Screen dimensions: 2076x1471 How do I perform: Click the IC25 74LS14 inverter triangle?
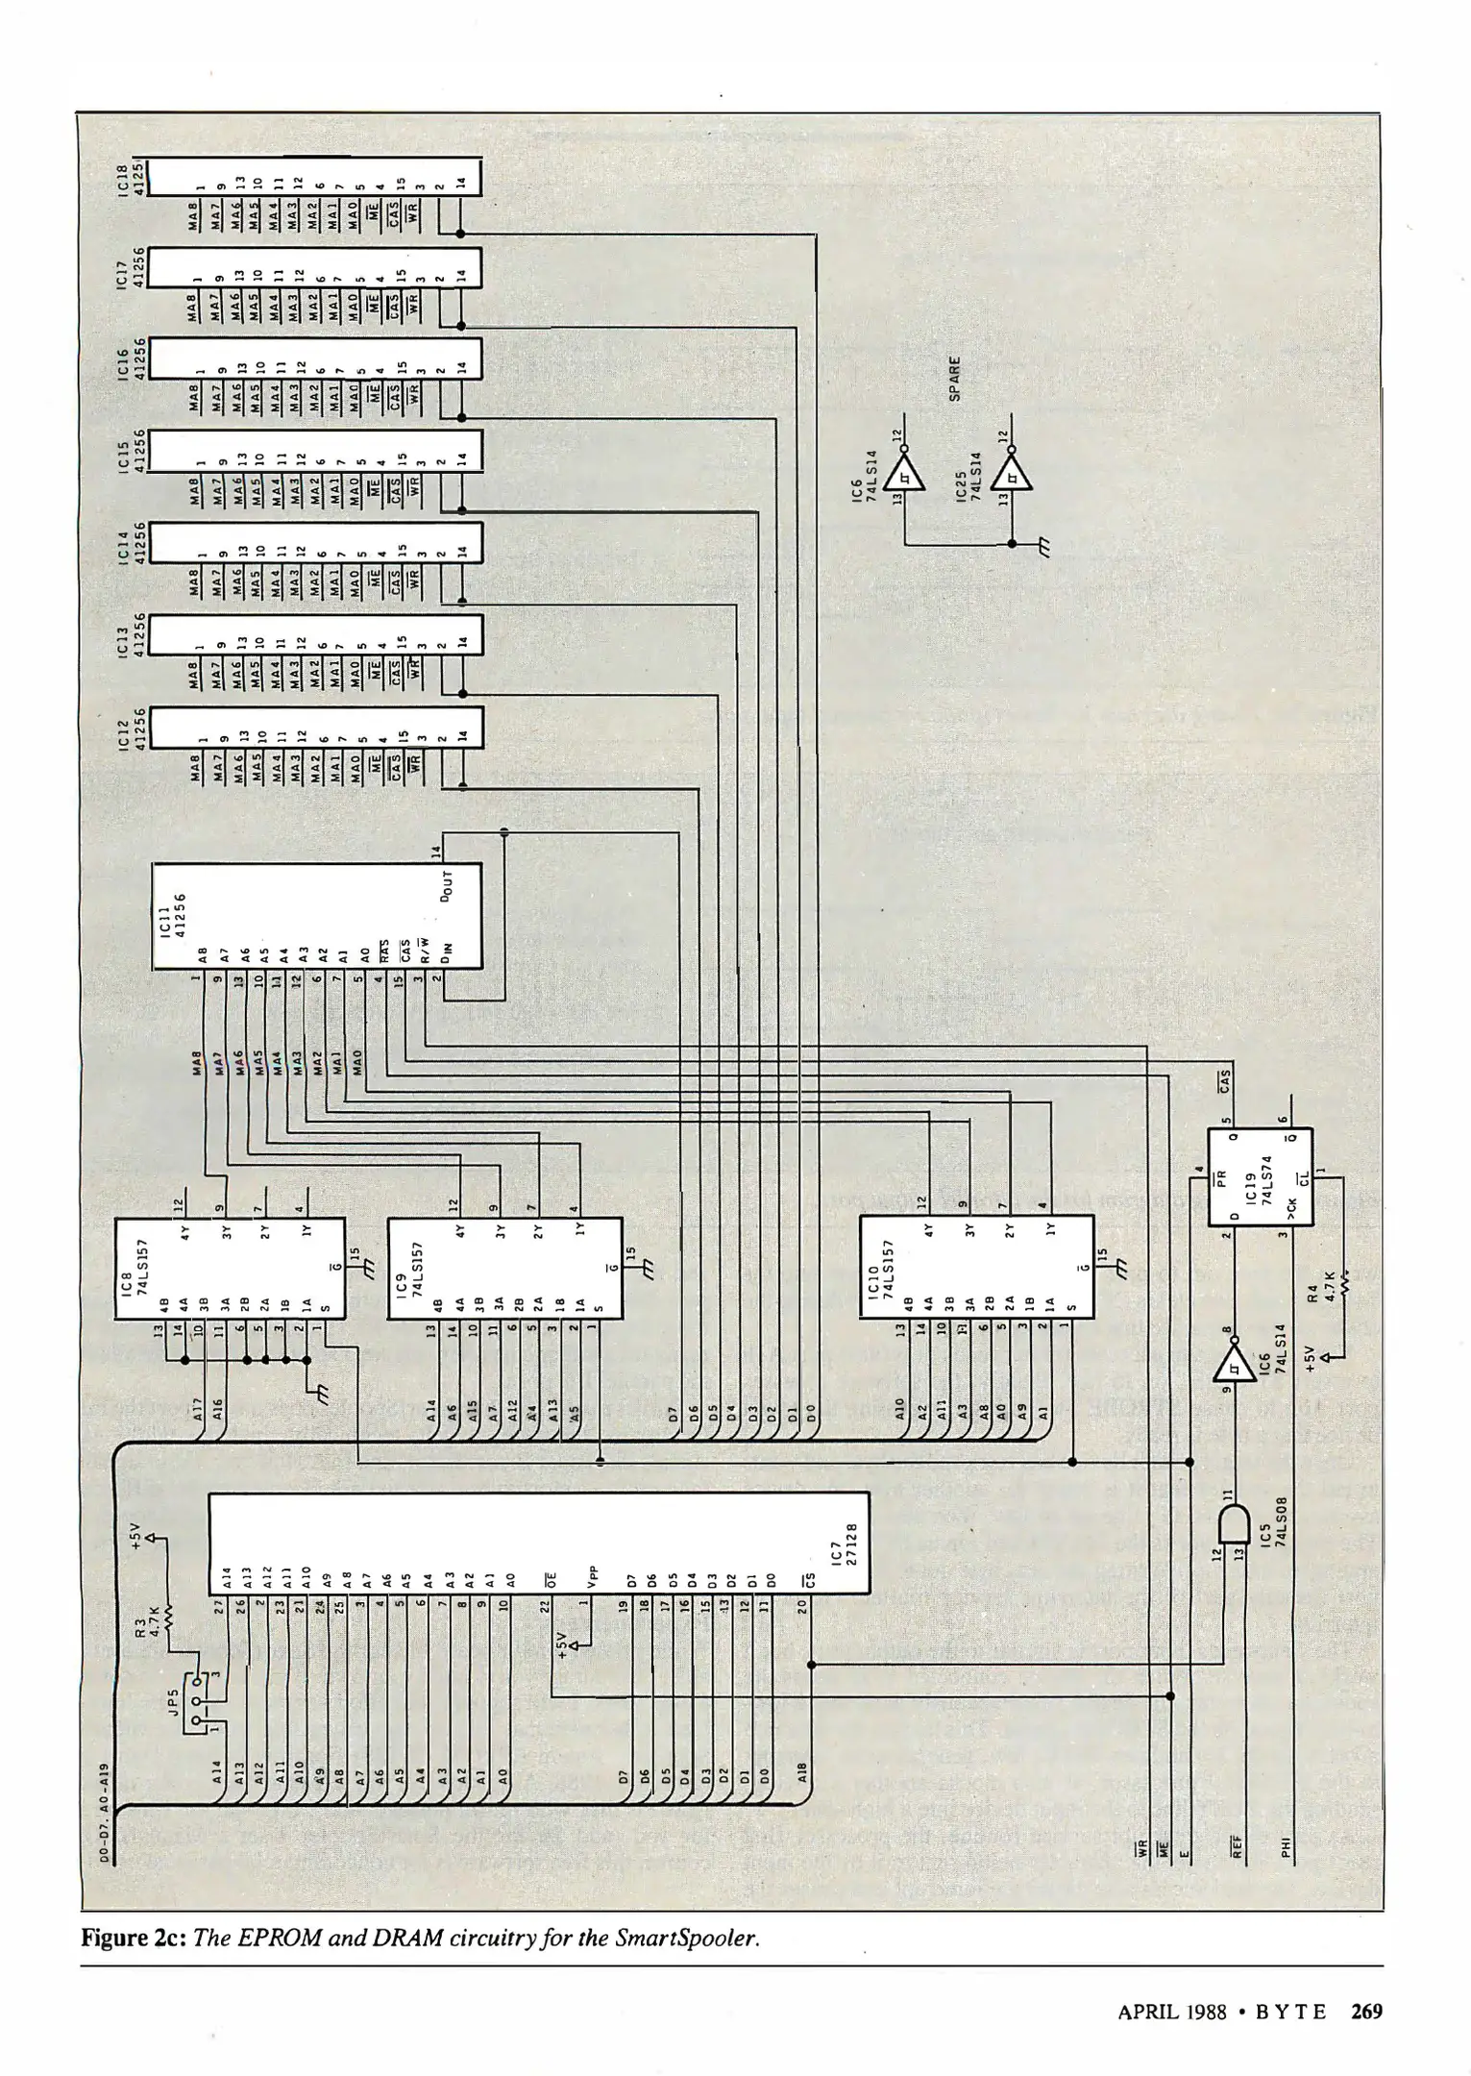click(1011, 473)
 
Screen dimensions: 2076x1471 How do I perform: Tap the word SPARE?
click(956, 380)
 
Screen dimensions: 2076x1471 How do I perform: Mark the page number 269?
click(1366, 2011)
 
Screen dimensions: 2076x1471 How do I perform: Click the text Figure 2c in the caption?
click(134, 1937)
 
